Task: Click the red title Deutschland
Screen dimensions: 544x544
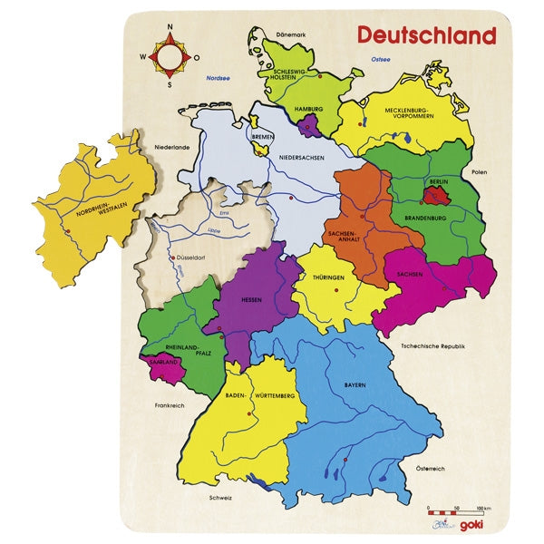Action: click(426, 35)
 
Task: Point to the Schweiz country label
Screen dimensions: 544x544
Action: click(220, 498)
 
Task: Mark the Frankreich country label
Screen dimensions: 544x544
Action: click(170, 405)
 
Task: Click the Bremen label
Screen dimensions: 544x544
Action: click(263, 138)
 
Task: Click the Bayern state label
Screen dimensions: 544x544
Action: click(355, 385)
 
